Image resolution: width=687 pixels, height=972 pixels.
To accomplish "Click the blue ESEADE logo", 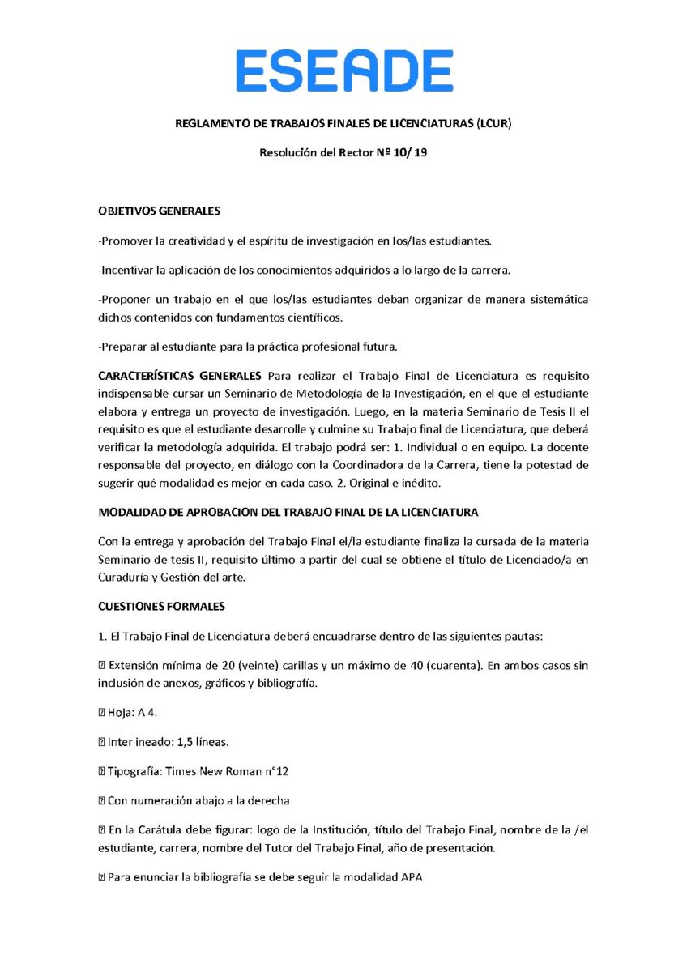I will coord(344,70).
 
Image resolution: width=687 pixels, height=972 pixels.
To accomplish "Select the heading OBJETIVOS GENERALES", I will coord(159,211).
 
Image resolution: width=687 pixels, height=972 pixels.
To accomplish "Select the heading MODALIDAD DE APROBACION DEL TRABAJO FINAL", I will coord(288,512).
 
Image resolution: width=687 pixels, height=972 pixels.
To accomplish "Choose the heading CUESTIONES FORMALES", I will coord(161,606).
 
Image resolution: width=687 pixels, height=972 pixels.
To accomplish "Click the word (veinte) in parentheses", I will coord(258,665).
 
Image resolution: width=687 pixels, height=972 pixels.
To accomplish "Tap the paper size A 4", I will coord(147,712).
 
